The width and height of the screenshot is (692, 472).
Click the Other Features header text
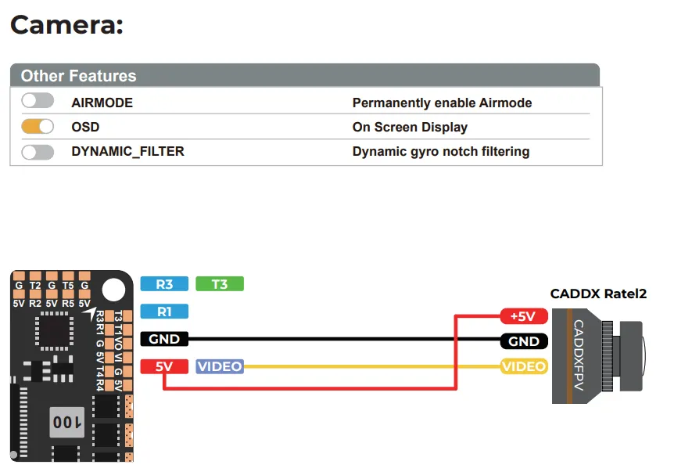(78, 76)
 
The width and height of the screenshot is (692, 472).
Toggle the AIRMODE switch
(38, 101)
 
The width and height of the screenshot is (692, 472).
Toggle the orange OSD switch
(38, 126)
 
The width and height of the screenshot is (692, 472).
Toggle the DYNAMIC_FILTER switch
(38, 152)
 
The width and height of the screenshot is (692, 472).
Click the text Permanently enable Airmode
(442, 103)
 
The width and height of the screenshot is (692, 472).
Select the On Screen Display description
(410, 127)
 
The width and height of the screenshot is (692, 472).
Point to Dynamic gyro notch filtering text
(440, 152)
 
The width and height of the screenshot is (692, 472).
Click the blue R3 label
(164, 284)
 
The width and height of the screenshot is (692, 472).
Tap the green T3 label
(220, 284)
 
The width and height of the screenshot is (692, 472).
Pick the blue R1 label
(164, 312)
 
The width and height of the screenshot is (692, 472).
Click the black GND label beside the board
(164, 339)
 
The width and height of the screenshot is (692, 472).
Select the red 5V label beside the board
(164, 366)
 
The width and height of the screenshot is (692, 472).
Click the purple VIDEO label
(220, 366)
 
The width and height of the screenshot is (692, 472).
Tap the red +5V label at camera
(523, 316)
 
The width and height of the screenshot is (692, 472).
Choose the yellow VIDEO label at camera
(523, 366)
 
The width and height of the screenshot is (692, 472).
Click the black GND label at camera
(523, 341)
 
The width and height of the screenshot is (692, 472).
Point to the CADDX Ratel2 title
(598, 294)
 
